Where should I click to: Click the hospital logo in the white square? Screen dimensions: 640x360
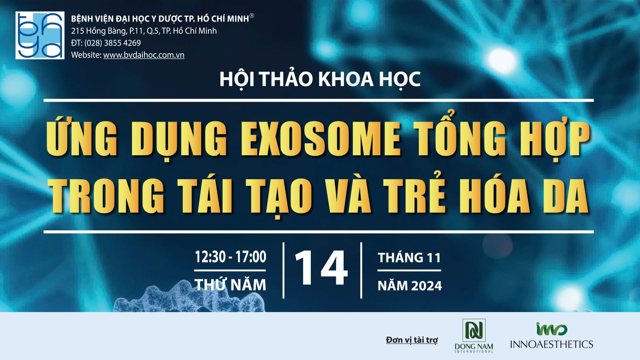[40, 36]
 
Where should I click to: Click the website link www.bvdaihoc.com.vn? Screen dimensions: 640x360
[144, 55]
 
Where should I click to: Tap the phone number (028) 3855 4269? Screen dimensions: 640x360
[112, 43]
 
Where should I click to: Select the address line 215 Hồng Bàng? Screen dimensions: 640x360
[144, 31]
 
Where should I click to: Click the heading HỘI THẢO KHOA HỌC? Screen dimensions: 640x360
[320, 79]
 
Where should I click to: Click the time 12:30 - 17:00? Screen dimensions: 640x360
[230, 256]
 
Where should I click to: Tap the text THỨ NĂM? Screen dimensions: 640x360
[230, 284]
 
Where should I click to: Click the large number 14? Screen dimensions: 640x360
[321, 268]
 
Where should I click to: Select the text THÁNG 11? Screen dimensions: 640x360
[409, 258]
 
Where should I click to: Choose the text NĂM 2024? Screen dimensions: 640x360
[410, 286]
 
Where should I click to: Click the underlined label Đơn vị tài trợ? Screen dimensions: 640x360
[412, 340]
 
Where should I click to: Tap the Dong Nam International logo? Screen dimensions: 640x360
[474, 336]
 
